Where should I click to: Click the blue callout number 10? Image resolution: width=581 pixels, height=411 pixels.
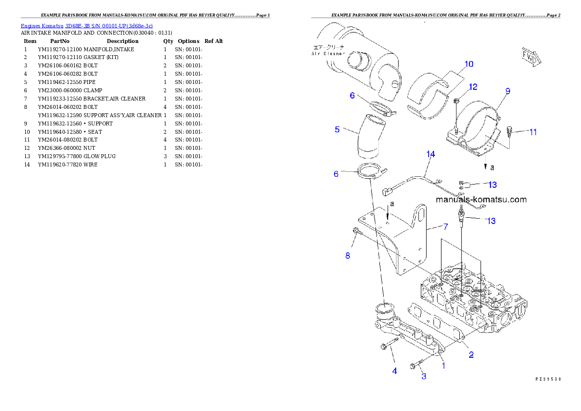pos(468,64)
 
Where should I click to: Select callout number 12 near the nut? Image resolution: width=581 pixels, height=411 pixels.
pos(473,87)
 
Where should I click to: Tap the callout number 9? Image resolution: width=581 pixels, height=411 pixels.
pos(508,91)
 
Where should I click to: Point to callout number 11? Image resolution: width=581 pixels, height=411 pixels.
pos(533,132)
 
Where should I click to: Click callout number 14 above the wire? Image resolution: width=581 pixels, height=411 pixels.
pos(430,154)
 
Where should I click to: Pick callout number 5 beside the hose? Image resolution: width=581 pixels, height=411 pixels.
pos(337,129)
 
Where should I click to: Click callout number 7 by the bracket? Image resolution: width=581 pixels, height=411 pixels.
pos(445,226)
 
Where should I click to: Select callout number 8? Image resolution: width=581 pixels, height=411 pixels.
pos(348,255)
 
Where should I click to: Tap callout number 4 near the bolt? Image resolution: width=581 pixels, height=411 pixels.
pos(394,371)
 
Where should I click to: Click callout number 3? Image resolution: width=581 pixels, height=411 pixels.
pos(424,376)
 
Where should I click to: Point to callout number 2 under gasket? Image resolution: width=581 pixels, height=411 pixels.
pos(471,355)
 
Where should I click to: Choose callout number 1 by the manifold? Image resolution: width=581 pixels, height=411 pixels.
pos(443,365)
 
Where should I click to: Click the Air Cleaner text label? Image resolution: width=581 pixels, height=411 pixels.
pos(328,51)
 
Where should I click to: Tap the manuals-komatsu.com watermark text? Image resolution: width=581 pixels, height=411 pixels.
pos(481,199)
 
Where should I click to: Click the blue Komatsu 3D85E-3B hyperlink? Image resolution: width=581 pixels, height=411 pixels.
pos(86,25)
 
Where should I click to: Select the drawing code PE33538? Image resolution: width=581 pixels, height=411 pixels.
pos(548,378)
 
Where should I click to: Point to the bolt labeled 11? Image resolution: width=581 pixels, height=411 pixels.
pos(510,131)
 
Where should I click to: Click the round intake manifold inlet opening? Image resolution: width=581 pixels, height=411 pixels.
pos(385,308)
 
